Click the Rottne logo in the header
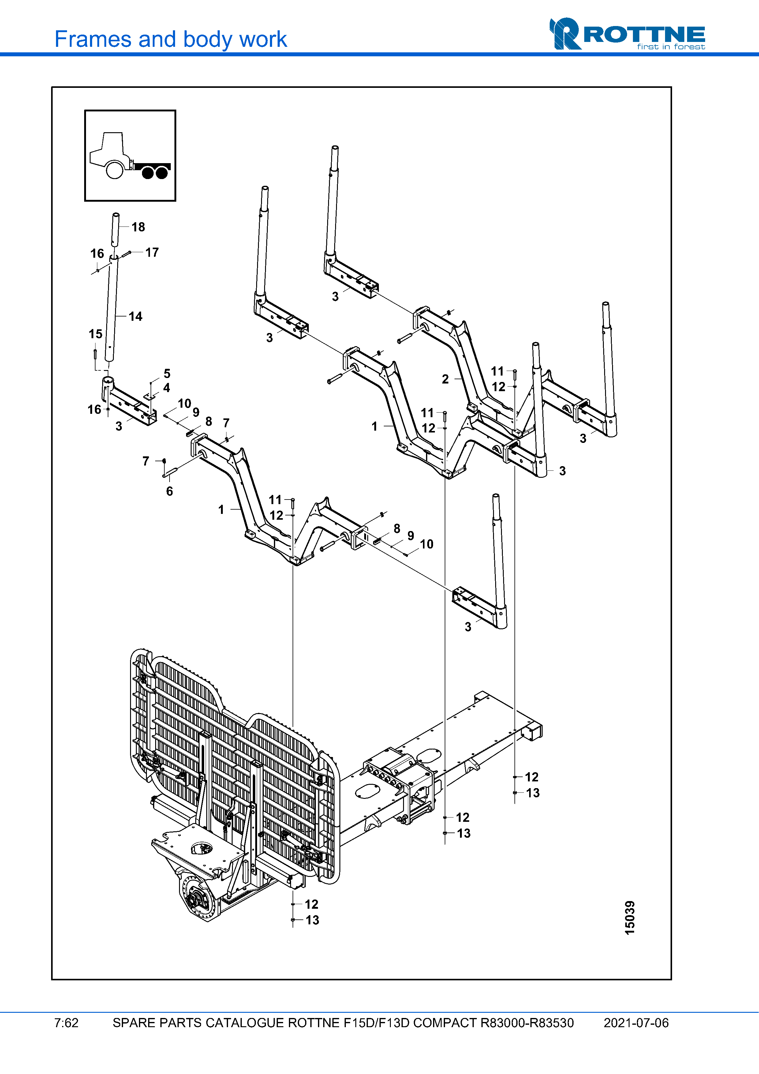pyautogui.click(x=627, y=34)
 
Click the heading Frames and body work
pyautogui.click(x=171, y=39)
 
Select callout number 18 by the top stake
pyautogui.click(x=138, y=227)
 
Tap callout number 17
pyautogui.click(x=152, y=253)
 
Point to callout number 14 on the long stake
pyautogui.click(x=136, y=317)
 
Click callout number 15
pyautogui.click(x=95, y=334)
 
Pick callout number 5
pyautogui.click(x=167, y=374)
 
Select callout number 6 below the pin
pyautogui.click(x=169, y=491)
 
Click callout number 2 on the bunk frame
pyautogui.click(x=445, y=379)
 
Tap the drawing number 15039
pyautogui.click(x=630, y=918)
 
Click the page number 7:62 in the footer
pyautogui.click(x=66, y=1023)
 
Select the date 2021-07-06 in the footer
pyautogui.click(x=636, y=1023)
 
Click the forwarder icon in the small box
pyautogui.click(x=130, y=156)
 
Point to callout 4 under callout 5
pyautogui.click(x=166, y=388)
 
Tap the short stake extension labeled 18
pyautogui.click(x=115, y=229)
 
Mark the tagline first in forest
pyautogui.click(x=671, y=47)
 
